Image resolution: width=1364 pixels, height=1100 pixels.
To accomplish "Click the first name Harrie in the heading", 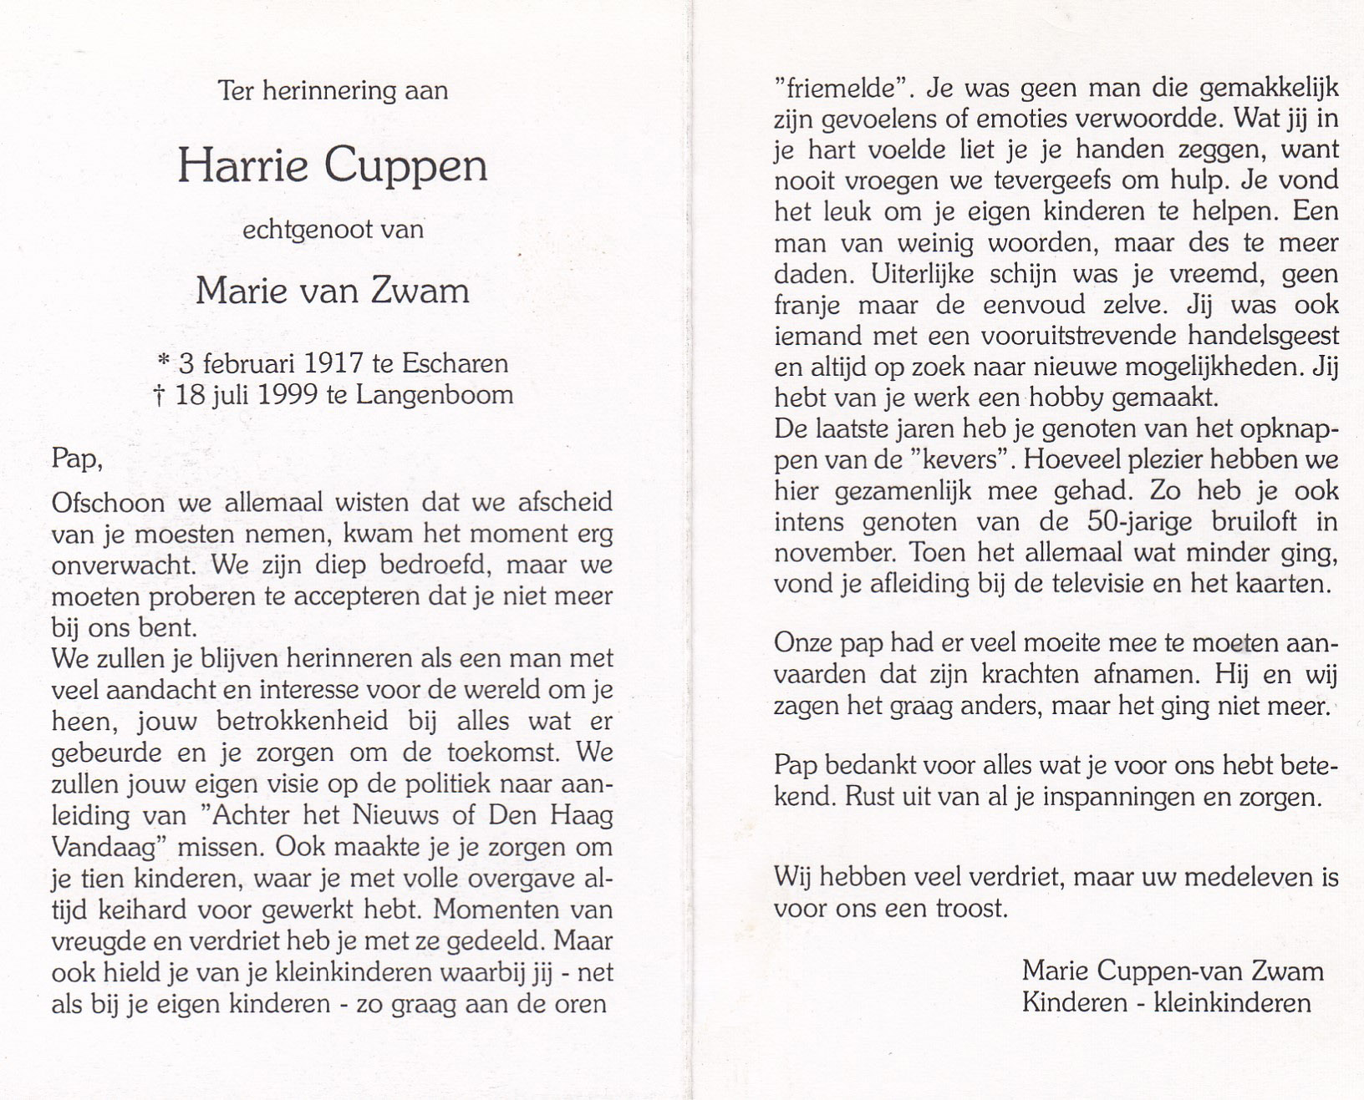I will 243,165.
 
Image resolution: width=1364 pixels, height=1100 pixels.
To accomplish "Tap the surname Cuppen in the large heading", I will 405,167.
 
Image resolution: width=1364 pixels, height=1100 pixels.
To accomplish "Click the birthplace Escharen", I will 456,363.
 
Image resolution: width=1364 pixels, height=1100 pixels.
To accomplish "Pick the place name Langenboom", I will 435,394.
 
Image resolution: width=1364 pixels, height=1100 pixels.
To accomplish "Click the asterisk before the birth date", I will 163,362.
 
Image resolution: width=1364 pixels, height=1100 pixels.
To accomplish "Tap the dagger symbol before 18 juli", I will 157,394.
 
